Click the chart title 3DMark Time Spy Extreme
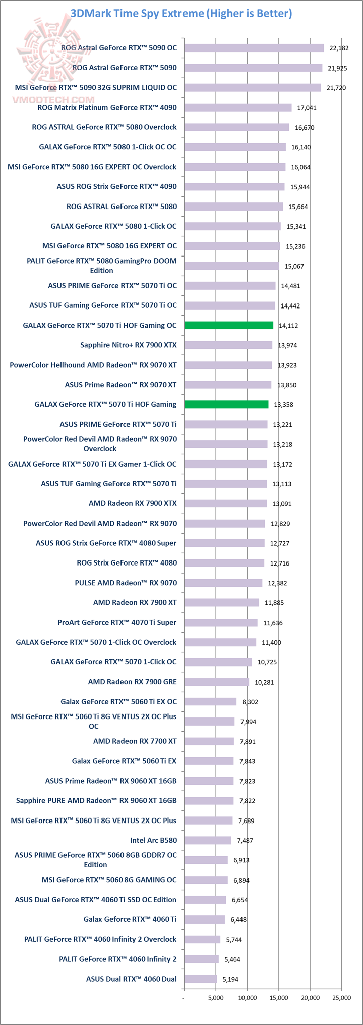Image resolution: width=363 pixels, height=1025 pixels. [181, 13]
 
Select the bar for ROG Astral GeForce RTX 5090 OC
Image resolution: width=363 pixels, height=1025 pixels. [254, 48]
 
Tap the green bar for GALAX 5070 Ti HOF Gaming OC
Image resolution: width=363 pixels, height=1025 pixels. [228, 325]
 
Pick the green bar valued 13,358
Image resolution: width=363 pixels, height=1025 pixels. [226, 404]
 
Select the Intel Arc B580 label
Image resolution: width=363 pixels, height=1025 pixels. [153, 840]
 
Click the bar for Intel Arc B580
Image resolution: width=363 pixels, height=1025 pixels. [207, 840]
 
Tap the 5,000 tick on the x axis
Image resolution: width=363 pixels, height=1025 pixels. [216, 998]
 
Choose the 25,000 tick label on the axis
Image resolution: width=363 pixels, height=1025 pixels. [341, 998]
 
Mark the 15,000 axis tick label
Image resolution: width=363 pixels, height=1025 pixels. [279, 998]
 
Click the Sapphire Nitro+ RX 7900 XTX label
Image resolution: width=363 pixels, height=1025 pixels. [129, 345]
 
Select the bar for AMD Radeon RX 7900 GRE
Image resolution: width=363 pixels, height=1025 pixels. [216, 682]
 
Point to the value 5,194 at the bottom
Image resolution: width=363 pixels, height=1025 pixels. [229, 979]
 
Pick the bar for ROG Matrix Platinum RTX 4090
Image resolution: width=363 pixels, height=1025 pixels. [237, 107]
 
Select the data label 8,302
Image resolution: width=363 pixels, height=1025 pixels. [250, 702]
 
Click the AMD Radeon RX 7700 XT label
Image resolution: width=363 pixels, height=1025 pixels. [135, 741]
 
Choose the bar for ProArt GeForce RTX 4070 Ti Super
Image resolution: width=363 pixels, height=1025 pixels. [221, 623]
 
